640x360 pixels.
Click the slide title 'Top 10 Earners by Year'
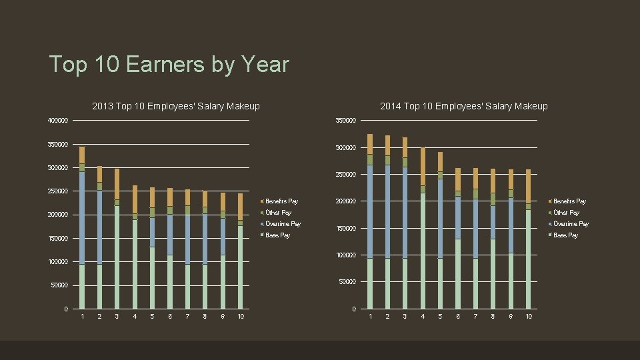169,65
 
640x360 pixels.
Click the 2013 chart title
176,106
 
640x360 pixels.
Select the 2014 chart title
463,106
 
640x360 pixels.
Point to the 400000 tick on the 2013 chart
58,121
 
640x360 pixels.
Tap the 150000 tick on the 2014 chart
345,229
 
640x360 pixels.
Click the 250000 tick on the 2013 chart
58,191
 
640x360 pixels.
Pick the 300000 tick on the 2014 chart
345,148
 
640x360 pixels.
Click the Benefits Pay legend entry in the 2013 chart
281,201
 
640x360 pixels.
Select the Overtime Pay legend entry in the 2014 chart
571,224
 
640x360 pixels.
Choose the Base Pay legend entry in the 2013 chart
277,235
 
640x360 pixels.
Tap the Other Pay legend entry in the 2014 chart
566,213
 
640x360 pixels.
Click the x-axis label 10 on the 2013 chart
241,316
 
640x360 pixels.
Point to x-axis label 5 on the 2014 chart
440,316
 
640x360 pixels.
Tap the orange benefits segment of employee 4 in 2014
423,167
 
